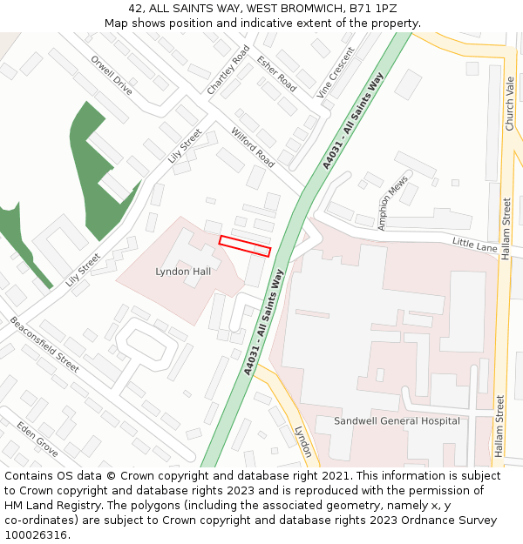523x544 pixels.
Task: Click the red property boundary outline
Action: (x=245, y=246)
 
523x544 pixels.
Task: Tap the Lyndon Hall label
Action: (x=183, y=272)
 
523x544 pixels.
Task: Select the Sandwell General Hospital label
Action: (x=397, y=421)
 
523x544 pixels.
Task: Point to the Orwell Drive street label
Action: (x=112, y=76)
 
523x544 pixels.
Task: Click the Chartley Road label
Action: (x=228, y=70)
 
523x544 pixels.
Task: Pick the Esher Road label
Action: (x=276, y=74)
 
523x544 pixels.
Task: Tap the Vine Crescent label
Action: (x=336, y=71)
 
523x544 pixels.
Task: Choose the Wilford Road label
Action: (x=253, y=147)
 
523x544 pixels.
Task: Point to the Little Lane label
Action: (x=474, y=245)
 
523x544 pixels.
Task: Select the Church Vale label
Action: (x=510, y=103)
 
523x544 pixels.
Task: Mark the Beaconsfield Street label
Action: (x=44, y=344)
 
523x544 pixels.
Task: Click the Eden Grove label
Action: (x=37, y=440)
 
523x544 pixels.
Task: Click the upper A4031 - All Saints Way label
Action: (x=352, y=121)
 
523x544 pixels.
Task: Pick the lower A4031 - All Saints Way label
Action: (x=264, y=324)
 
